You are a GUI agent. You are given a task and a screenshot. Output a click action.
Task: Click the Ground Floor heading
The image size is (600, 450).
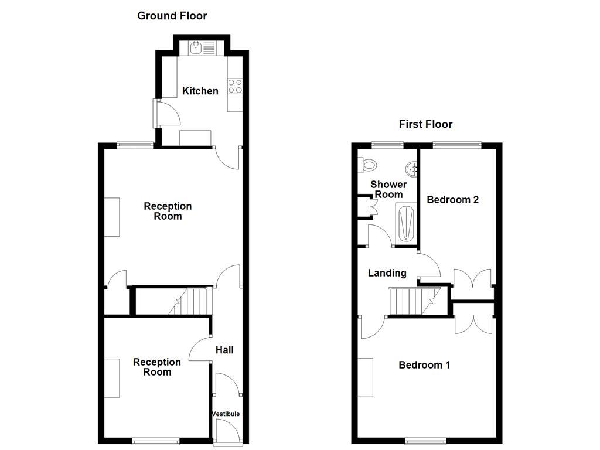click(172, 16)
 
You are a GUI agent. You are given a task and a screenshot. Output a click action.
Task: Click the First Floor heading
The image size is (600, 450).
click(425, 124)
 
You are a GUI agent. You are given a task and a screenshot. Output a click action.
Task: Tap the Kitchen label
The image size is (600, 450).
click(200, 91)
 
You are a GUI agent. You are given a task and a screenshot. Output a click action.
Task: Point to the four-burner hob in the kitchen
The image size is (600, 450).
click(235, 87)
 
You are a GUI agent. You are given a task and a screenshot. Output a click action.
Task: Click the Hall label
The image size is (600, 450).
click(224, 350)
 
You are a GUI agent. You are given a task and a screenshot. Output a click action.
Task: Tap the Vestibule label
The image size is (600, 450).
click(226, 414)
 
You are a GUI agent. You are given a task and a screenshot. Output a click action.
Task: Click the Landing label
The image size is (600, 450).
click(387, 273)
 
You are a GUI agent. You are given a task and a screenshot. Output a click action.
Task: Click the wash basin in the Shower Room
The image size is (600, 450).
click(414, 168)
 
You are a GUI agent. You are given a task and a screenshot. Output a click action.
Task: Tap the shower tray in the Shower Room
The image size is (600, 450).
click(405, 223)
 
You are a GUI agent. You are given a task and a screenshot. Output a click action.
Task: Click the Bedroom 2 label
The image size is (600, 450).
click(452, 200)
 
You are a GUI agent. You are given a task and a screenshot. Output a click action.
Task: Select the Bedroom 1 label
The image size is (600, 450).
click(424, 365)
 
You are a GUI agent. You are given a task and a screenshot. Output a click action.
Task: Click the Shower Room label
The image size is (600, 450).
click(388, 189)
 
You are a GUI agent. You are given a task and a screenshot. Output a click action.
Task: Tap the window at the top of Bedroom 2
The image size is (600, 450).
click(457, 144)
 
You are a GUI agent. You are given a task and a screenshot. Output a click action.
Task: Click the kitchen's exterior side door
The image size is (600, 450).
click(156, 113)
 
